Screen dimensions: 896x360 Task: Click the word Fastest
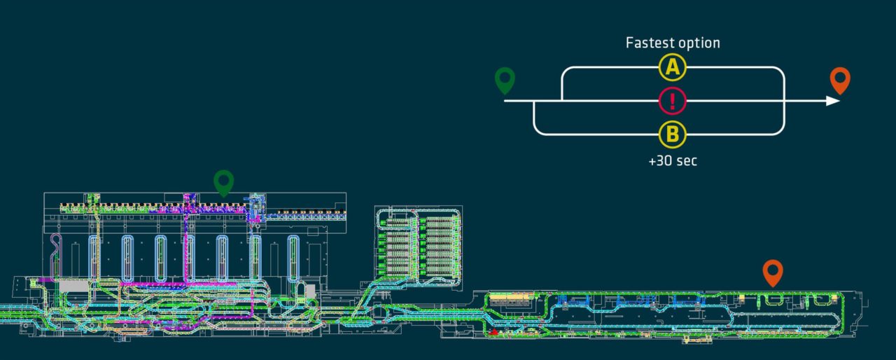click(x=649, y=43)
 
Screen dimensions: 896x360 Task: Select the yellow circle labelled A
click(x=673, y=67)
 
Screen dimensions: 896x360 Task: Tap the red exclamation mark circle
click(x=673, y=101)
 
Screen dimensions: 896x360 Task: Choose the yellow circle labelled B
click(x=673, y=134)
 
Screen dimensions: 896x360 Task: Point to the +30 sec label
click(x=673, y=161)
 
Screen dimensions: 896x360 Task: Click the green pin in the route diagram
click(x=505, y=81)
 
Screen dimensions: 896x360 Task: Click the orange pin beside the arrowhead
click(x=840, y=81)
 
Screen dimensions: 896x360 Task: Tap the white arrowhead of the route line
click(x=833, y=101)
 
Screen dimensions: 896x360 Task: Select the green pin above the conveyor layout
click(x=223, y=184)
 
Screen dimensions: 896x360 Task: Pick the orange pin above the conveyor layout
click(x=773, y=273)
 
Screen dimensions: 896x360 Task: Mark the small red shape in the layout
click(x=494, y=331)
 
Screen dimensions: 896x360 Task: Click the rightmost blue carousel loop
click(x=293, y=258)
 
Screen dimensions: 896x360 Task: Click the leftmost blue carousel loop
click(x=93, y=258)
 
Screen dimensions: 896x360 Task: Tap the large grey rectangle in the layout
click(x=73, y=286)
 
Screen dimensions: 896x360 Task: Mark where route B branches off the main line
click(x=533, y=101)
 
